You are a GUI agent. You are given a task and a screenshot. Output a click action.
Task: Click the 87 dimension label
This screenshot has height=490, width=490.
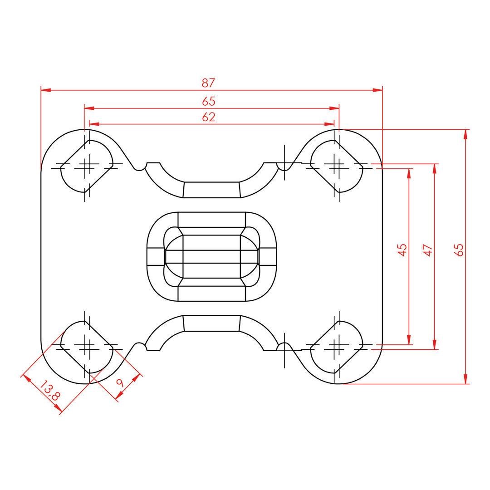pos(208,83)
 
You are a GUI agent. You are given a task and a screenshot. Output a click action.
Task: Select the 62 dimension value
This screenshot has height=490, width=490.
pos(208,117)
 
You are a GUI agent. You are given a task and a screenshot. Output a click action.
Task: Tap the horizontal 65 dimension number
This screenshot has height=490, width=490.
pos(208,101)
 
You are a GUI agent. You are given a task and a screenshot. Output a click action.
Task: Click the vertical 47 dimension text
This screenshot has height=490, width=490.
pos(428,250)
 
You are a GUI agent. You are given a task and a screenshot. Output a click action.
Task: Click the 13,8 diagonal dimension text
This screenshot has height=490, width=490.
pos(49,391)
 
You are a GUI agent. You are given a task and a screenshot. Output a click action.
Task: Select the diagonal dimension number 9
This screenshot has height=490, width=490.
pos(120,382)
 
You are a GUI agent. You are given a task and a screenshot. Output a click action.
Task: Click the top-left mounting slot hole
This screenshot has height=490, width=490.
pos(86,166)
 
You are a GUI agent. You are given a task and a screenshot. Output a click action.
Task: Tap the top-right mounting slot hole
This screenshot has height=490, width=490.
pos(337,166)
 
